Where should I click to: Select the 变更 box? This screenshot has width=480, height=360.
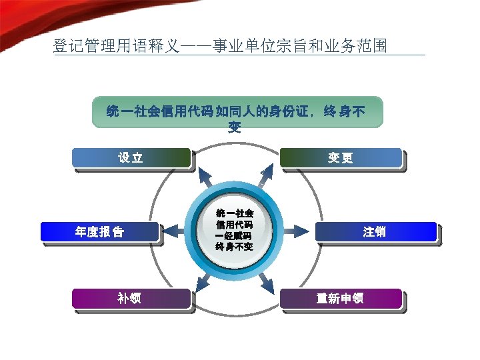click(x=341, y=158)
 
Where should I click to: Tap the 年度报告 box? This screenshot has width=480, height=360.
click(x=100, y=232)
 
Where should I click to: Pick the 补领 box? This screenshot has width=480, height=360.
click(x=130, y=298)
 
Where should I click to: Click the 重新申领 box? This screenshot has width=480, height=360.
click(x=341, y=298)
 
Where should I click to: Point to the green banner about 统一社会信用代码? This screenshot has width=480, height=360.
click(x=237, y=114)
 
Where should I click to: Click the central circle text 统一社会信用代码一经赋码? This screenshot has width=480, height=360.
click(x=234, y=230)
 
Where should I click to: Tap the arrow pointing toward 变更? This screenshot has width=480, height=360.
click(x=267, y=175)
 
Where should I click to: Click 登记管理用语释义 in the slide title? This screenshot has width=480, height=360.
click(x=116, y=47)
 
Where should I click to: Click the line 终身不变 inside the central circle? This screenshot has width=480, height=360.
click(x=234, y=247)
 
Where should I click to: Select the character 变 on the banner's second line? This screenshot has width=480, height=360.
click(x=235, y=127)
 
